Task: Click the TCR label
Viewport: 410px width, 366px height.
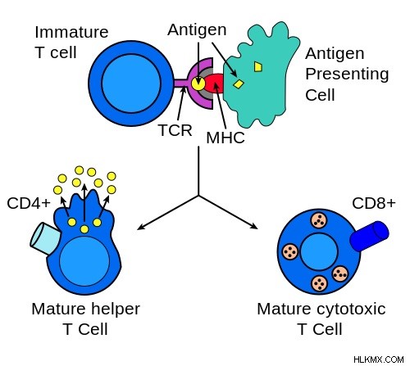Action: pyautogui.click(x=175, y=130)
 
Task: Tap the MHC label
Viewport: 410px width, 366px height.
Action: pyautogui.click(x=225, y=138)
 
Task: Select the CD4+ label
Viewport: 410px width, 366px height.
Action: pyautogui.click(x=29, y=203)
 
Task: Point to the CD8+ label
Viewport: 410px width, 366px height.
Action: pyautogui.click(x=374, y=203)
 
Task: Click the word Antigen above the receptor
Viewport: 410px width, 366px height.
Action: pyautogui.click(x=197, y=29)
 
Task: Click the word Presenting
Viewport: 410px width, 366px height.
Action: pyautogui.click(x=347, y=75)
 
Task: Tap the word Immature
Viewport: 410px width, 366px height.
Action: pyautogui.click(x=71, y=32)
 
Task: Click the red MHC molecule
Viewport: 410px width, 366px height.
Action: pyautogui.click(x=215, y=84)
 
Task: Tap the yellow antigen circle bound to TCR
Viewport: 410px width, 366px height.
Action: pyautogui.click(x=198, y=84)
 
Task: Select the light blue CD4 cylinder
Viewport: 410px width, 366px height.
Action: pyautogui.click(x=45, y=238)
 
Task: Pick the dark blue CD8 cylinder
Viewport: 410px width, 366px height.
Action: pyautogui.click(x=370, y=236)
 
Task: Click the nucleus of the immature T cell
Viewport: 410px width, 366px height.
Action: pyautogui.click(x=131, y=84)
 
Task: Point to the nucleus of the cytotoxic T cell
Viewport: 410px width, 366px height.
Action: pyautogui.click(x=319, y=251)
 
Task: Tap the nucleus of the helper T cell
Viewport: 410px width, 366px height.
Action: pyautogui.click(x=84, y=261)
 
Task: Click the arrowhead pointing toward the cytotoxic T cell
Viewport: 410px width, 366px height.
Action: pyautogui.click(x=254, y=227)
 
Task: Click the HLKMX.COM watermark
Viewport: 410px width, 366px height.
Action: pyautogui.click(x=379, y=359)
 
